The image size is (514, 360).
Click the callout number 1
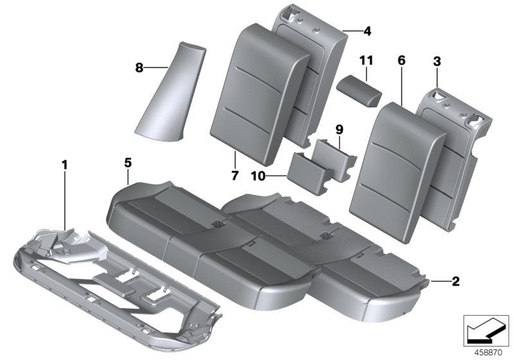click(64, 165)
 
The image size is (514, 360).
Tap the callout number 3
click(436, 61)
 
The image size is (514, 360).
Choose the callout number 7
click(235, 175)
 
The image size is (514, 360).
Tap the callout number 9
click(340, 129)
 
